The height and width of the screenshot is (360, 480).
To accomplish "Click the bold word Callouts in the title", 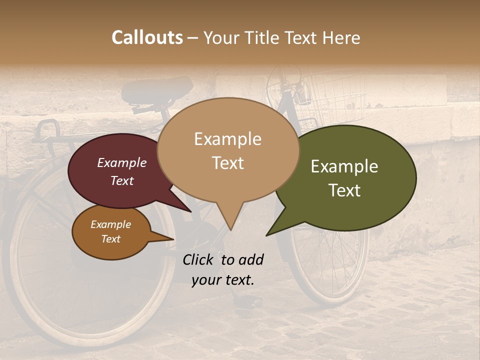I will pyautogui.click(x=147, y=37).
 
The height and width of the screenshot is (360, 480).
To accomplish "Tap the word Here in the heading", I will pyautogui.click(x=341, y=37).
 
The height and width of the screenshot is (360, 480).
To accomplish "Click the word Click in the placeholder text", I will pyautogui.click(x=199, y=259).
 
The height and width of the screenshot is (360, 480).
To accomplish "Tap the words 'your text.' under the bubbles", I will pyautogui.click(x=223, y=280).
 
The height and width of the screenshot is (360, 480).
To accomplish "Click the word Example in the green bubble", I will pyautogui.click(x=344, y=166).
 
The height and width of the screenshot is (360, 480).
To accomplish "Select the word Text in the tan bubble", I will pyautogui.click(x=227, y=163).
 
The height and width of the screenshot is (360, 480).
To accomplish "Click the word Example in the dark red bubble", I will pyautogui.click(x=121, y=162).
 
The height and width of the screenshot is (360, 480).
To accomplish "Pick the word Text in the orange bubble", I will pyautogui.click(x=111, y=239).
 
